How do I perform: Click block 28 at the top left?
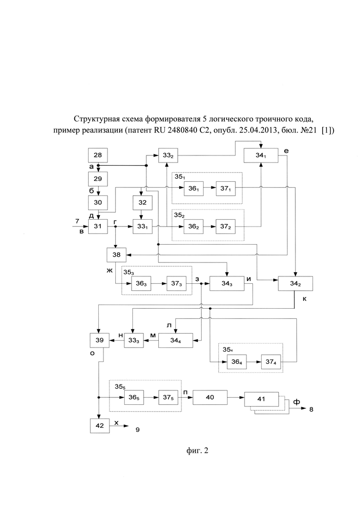pos(98,155)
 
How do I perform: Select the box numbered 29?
pos(98,179)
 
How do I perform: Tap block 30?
pos(98,203)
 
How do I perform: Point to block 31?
pos(98,226)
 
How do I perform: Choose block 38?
pos(116,255)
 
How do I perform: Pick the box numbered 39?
pos(100,340)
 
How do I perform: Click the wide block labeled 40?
pos(210,397)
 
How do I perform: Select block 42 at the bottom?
pos(100,425)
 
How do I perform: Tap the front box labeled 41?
pos(261,399)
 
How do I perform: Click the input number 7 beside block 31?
pos(77,222)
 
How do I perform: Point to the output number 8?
pos(311,409)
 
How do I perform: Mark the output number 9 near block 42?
pos(138,430)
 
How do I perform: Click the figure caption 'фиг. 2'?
pos(198,450)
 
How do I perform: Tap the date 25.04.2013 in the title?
pos(255,130)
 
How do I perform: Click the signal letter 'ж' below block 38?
pos(109,269)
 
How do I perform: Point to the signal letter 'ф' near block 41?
pos(296,402)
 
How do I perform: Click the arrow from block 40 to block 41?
pos(236,398)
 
